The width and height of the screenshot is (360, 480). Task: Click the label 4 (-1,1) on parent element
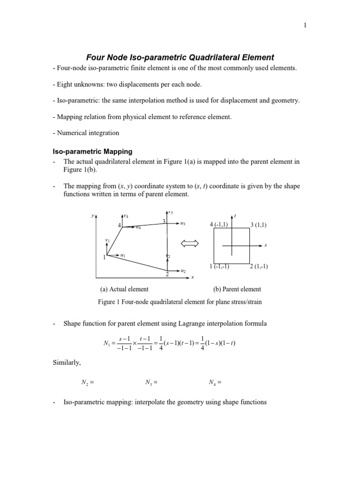click(x=219, y=225)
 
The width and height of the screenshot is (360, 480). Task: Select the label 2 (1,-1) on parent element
click(x=259, y=267)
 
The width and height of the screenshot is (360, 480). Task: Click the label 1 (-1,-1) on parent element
click(x=219, y=266)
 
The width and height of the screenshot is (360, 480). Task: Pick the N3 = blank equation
click(x=151, y=382)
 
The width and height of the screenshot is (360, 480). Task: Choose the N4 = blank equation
click(x=214, y=382)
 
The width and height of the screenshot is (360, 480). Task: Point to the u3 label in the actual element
click(x=183, y=224)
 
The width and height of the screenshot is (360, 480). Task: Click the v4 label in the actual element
click(x=126, y=216)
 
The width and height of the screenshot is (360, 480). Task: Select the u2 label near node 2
click(x=183, y=271)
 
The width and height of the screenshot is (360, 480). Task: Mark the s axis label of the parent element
click(x=265, y=245)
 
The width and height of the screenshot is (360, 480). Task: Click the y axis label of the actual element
click(x=92, y=216)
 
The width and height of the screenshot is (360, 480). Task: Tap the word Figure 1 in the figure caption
click(x=108, y=302)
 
